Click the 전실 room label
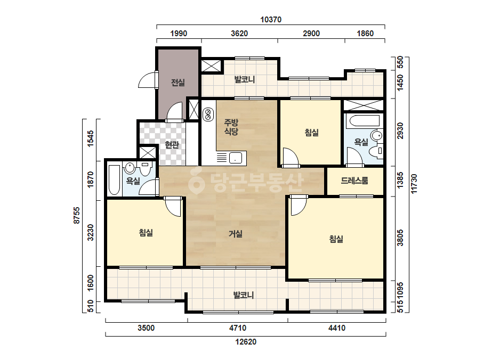pos(178,83)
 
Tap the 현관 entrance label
pos(172,144)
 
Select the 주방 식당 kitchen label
pos(231,127)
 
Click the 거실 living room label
pos(235,234)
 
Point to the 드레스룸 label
pos(354,181)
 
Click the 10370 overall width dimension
pos(271,20)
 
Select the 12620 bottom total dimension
pos(246,341)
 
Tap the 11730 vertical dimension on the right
pos(414,184)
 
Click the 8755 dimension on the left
pos(77,215)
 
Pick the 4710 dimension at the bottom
pos(238,328)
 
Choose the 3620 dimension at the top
pos(239,33)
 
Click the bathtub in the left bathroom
pos(114,180)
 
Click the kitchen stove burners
pos(208,114)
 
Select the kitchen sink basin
pos(235,158)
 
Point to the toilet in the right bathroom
pos(376,151)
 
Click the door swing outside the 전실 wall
pos(148,80)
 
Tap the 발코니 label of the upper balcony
pos(245,79)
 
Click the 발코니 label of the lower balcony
pos(244,295)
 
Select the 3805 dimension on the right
pos(400,238)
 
